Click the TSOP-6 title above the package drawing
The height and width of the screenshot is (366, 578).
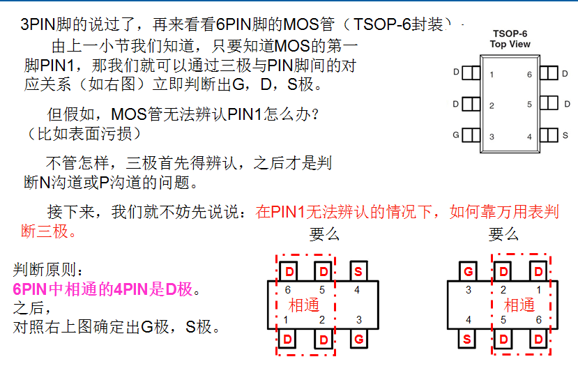pos(510,33)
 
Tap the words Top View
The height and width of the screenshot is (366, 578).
pos(510,44)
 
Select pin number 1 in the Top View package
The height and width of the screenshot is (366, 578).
pos(492,74)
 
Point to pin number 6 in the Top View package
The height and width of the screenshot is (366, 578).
pos(529,74)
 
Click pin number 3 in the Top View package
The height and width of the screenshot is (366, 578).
pos(492,136)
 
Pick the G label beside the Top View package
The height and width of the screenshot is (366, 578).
pos(456,135)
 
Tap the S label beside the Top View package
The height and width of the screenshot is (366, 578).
pos(565,135)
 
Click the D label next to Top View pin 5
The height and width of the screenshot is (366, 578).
pos(565,104)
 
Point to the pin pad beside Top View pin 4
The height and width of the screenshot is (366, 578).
pos(549,135)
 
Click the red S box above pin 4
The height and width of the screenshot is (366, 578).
pos(358,271)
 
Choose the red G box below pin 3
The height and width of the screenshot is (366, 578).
pos(358,340)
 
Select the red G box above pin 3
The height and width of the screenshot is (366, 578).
pos(468,271)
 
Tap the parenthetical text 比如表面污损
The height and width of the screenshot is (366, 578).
pos(77,133)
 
